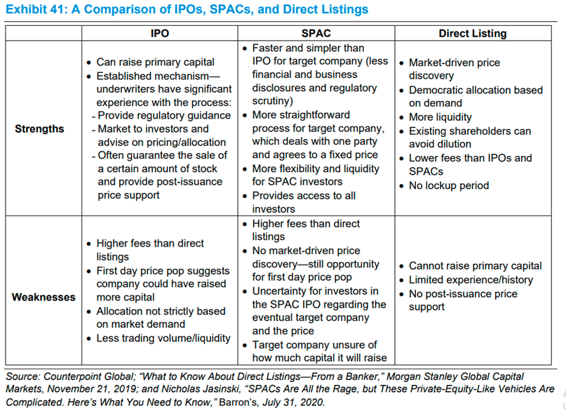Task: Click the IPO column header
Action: (159, 33)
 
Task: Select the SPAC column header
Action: (316, 33)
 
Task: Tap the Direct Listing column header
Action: (472, 33)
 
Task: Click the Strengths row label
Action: (39, 129)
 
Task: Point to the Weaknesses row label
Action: (43, 297)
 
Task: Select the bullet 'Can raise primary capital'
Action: (156, 62)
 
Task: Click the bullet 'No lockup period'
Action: (449, 185)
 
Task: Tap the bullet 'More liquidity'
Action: (440, 117)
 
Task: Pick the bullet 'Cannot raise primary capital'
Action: (475, 265)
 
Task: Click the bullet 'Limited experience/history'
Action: (471, 279)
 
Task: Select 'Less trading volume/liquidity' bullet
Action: (163, 338)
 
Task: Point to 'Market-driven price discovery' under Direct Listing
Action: (454, 69)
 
